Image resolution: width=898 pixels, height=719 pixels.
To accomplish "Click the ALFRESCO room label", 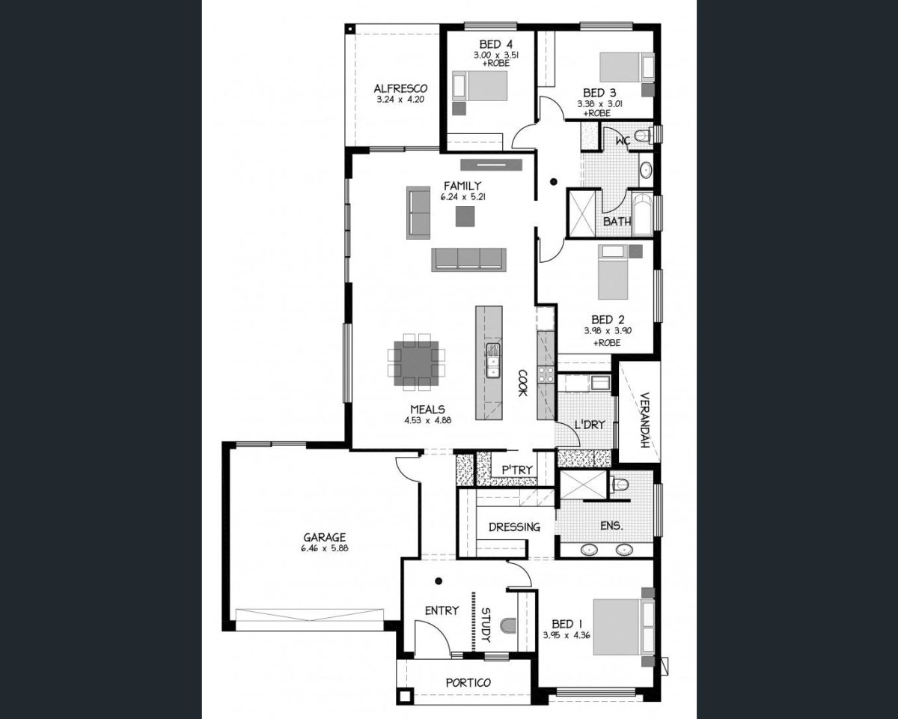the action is tap(400, 88).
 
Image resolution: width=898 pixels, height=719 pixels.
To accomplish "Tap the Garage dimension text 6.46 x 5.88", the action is tap(324, 548).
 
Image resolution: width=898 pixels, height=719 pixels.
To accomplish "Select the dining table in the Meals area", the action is tap(416, 363).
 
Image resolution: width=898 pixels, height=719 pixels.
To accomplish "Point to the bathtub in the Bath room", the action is tap(642, 214).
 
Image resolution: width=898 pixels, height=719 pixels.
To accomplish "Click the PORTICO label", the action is tap(468, 682).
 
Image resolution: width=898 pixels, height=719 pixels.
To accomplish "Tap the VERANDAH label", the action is tap(644, 420).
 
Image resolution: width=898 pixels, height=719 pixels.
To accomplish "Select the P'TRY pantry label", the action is tap(517, 470).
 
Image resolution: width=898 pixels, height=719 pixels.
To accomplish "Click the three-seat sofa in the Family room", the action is tap(468, 260).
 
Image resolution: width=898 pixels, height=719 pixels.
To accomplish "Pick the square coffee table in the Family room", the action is tap(465, 216).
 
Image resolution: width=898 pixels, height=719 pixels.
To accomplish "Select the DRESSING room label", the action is tap(514, 527).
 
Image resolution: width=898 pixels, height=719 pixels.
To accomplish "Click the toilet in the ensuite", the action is tap(620, 485).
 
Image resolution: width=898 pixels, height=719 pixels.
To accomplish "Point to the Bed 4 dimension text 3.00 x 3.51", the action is tap(496, 55).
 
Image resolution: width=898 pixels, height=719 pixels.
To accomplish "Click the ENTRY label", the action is tap(442, 611).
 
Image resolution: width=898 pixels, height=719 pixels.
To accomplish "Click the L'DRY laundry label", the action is tap(590, 425).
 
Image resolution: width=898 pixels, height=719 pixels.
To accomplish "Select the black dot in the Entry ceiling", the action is tap(439, 580).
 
